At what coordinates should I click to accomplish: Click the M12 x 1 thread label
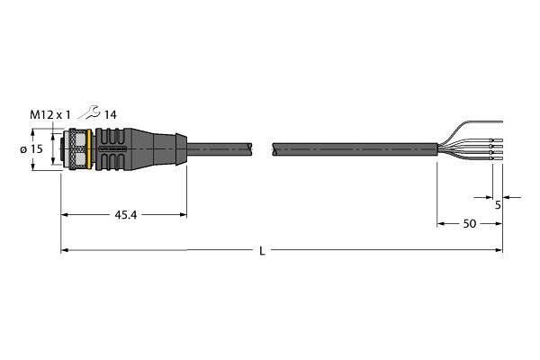[x=49, y=114]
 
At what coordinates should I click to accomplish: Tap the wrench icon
[x=89, y=112]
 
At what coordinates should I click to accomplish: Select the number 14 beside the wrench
[x=110, y=114]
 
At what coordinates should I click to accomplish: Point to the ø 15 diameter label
[x=31, y=149]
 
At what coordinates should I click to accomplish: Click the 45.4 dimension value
[x=125, y=215]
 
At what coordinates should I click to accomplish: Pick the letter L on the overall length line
[x=263, y=251]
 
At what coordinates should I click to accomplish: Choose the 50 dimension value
[x=470, y=224]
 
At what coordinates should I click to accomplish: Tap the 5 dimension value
[x=498, y=205]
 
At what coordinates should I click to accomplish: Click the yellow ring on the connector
[x=89, y=149]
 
